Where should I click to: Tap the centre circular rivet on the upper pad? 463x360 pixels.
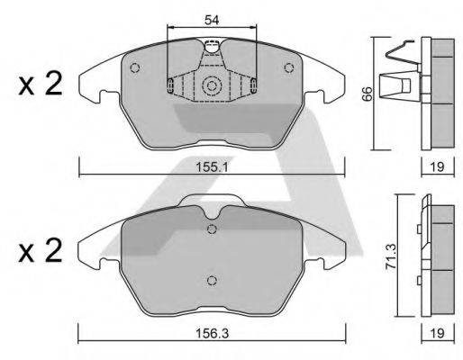pos(213,86)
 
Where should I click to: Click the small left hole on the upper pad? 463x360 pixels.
pos(135,68)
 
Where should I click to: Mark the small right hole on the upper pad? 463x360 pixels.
pos(289,68)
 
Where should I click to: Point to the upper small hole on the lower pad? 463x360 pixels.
pos(212,229)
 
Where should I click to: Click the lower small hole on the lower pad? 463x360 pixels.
pos(212,278)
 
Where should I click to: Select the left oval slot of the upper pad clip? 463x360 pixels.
pos(170,85)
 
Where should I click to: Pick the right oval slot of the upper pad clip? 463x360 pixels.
pos(255,85)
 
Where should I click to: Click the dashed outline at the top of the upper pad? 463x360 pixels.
pos(213,48)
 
